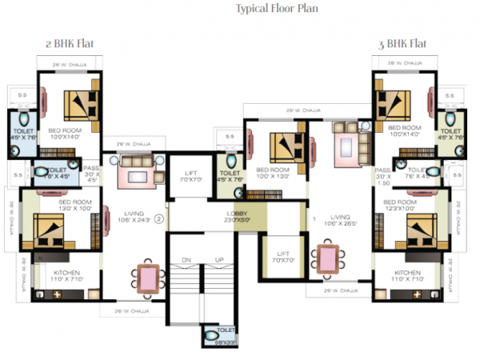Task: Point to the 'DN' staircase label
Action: coord(186,260)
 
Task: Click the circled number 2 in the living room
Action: coord(158,218)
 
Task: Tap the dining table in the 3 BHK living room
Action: coord(328,259)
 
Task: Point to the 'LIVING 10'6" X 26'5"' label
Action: coord(342,219)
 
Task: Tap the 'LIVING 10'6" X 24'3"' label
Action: coord(134,218)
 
